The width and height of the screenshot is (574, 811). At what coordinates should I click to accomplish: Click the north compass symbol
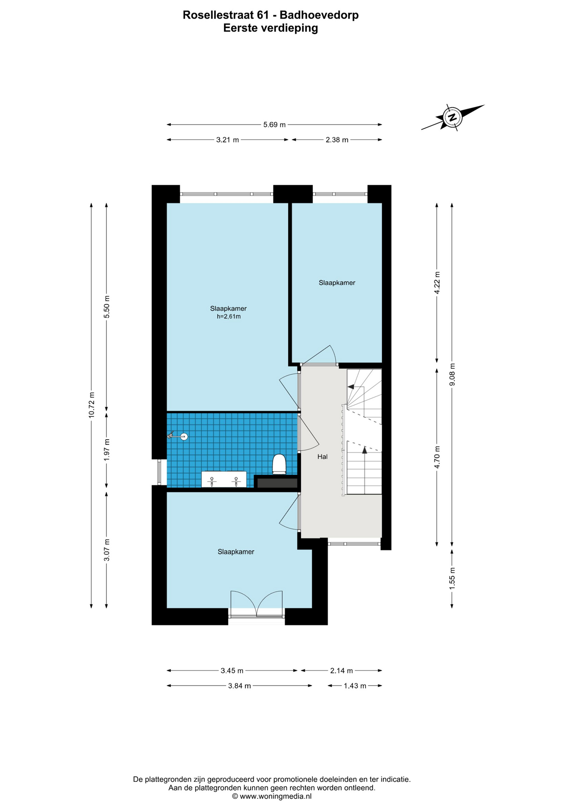[452, 117]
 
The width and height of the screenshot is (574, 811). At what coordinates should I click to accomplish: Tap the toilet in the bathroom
[279, 464]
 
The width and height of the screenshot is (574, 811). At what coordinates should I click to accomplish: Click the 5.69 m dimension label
[274, 125]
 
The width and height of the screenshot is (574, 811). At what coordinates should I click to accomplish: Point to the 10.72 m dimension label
[91, 405]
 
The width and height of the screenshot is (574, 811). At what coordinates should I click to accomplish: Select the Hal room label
[323, 457]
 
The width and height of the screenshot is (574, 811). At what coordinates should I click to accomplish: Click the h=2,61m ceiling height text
[229, 316]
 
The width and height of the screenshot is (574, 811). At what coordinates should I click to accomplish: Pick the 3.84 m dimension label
[240, 686]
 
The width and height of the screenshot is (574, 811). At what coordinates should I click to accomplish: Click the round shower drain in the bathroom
[184, 437]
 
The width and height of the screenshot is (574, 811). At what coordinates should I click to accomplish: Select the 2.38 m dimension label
[337, 140]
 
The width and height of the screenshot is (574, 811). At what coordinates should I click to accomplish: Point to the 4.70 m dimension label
[437, 457]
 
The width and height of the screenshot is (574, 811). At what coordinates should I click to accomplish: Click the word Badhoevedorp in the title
[319, 15]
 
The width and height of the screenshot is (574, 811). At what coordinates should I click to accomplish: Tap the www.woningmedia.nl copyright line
[272, 796]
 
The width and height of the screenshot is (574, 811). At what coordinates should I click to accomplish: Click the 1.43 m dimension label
[355, 686]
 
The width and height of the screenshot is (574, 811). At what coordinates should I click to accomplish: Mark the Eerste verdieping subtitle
[271, 28]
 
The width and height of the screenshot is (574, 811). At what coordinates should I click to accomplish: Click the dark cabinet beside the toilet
[277, 482]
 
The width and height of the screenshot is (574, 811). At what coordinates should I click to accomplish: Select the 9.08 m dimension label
[452, 375]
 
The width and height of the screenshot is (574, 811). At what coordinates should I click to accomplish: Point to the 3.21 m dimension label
[227, 140]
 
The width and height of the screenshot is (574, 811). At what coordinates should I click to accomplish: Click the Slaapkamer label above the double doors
[236, 552]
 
